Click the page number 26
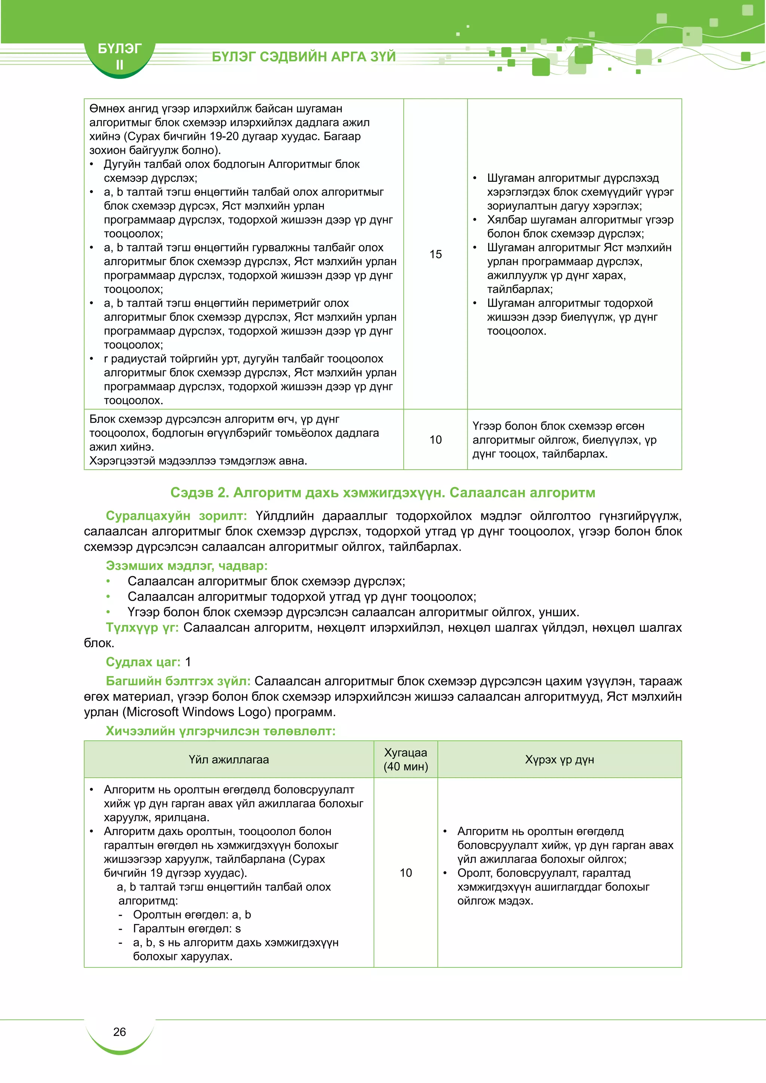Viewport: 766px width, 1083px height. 119,1032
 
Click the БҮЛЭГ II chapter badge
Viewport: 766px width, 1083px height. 119,56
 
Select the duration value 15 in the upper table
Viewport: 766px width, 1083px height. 435,254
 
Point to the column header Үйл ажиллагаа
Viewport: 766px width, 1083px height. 229,760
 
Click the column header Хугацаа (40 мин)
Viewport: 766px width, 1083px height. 406,760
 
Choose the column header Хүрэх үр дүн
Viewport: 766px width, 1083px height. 560,760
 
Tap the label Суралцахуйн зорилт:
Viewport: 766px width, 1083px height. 176,516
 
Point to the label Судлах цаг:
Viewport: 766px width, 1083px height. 143,662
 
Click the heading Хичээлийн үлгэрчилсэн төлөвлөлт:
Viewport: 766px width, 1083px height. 220,731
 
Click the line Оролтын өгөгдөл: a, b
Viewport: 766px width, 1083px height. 192,915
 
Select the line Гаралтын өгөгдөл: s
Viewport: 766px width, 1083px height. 187,928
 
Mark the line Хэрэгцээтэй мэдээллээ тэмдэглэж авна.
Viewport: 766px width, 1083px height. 198,461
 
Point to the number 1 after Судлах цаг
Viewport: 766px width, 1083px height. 188,662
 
